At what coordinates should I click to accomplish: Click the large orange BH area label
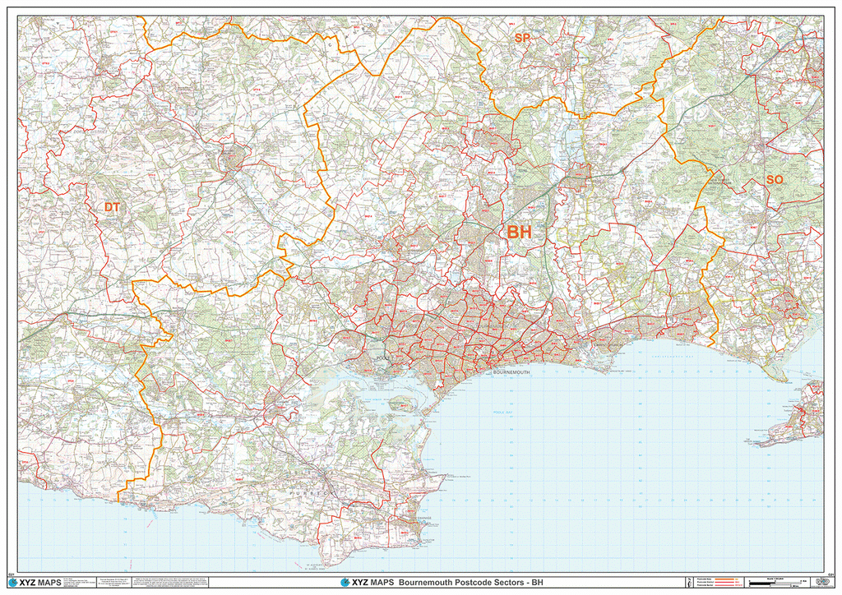pyautogui.click(x=519, y=233)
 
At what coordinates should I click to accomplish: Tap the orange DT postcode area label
pyautogui.click(x=112, y=208)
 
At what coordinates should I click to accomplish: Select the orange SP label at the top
pyautogui.click(x=522, y=39)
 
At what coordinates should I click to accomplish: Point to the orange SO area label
pyautogui.click(x=775, y=179)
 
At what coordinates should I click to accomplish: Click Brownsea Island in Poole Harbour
pyautogui.click(x=402, y=403)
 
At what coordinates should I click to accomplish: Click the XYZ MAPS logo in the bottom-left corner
pyautogui.click(x=35, y=583)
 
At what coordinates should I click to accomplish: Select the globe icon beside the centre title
pyautogui.click(x=345, y=583)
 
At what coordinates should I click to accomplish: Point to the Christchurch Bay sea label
pyautogui.click(x=658, y=356)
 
